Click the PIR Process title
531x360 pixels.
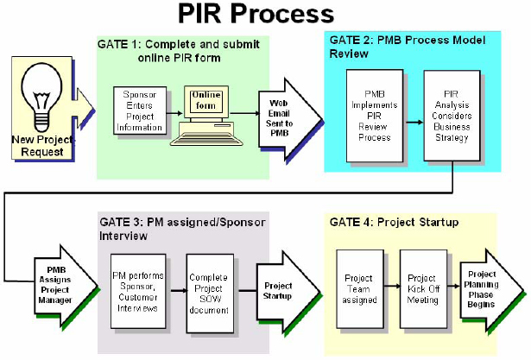pyautogui.click(x=256, y=15)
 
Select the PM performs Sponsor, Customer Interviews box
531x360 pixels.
pyautogui.click(x=138, y=292)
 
